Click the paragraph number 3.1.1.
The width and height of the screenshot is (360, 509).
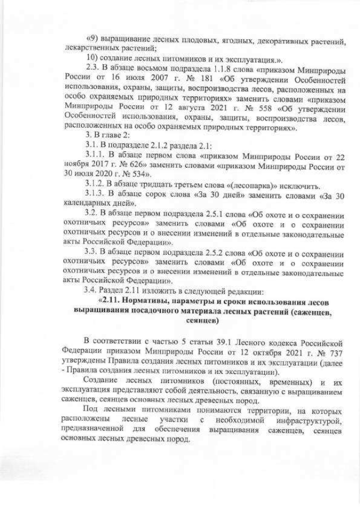pyautogui.click(x=94, y=156)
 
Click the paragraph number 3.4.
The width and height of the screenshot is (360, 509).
pyautogui.click(x=90, y=292)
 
